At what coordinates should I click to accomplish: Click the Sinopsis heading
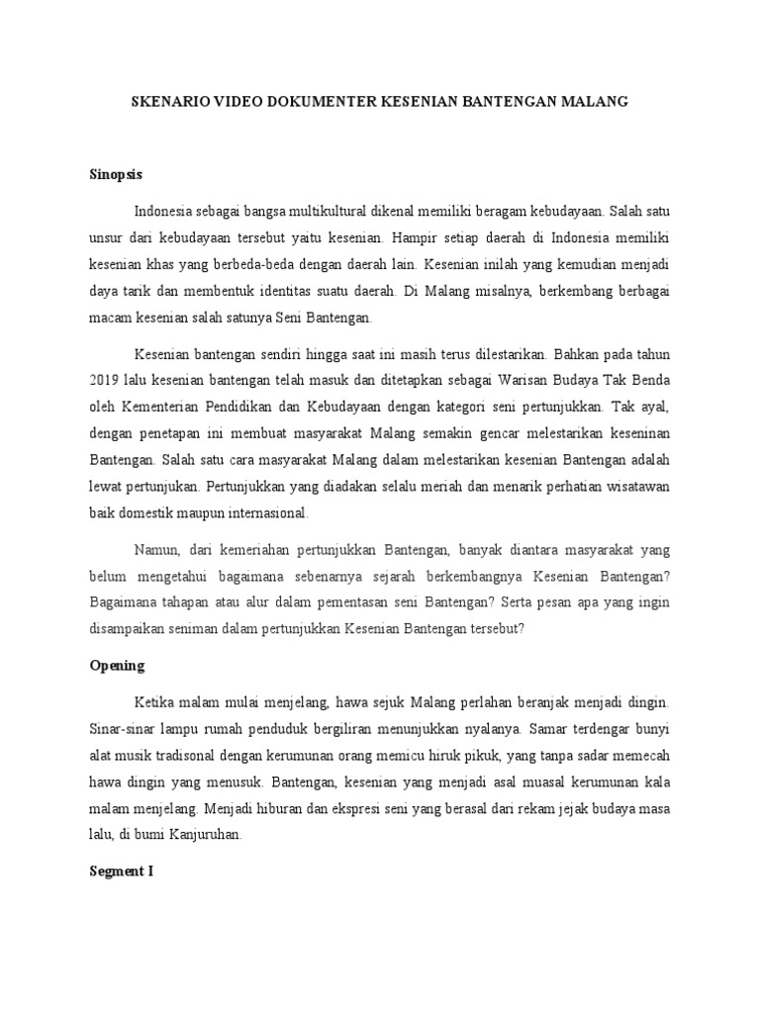coord(116,174)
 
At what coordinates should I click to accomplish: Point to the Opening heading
coord(116,665)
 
